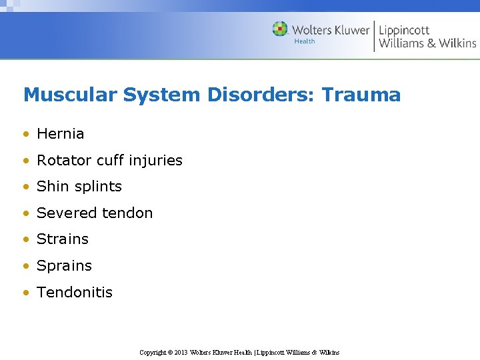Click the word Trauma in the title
pos(361,95)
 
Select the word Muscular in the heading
pos(70,95)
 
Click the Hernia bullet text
pos(61,134)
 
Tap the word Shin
pos(51,187)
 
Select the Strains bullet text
pos(63,239)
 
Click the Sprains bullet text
pos(64,266)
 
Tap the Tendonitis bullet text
pos(75,292)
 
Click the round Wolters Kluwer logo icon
pos(280,29)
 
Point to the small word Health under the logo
pos(304,41)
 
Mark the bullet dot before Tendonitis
pos(26,293)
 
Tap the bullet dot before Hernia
pos(26,134)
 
